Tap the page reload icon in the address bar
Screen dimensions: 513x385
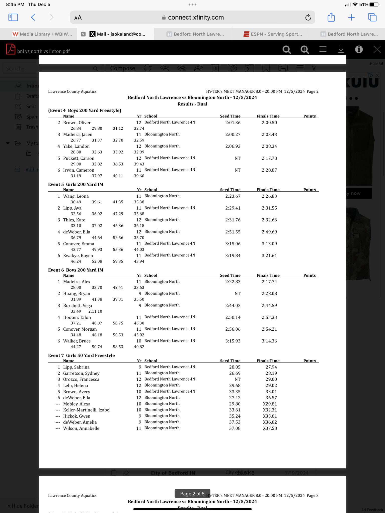(308, 17)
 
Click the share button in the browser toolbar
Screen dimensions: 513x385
(331, 17)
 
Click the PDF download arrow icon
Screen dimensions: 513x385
(341, 49)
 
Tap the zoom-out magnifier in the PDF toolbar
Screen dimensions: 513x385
(286, 50)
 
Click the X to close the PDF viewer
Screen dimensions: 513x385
(377, 49)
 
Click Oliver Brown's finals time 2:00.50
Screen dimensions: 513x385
(269, 123)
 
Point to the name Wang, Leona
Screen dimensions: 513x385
(76, 196)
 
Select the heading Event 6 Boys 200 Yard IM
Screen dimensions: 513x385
(76, 270)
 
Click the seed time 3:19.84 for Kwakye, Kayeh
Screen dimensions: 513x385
(233, 256)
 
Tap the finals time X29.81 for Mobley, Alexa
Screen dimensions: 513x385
(270, 404)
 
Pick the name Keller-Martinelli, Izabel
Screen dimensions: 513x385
(87, 410)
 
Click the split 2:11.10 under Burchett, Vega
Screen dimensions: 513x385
(95, 311)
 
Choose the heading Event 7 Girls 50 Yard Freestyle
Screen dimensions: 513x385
(81, 355)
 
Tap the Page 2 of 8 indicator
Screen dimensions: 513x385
(192, 493)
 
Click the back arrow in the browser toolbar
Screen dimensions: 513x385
(33, 17)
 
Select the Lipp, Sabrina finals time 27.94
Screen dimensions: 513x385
(271, 367)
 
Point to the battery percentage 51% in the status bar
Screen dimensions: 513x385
(363, 5)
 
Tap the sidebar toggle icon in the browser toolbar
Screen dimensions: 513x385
(13, 17)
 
